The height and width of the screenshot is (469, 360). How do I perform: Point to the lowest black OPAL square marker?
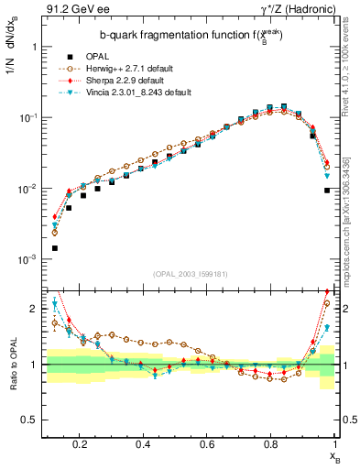click(55, 248)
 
